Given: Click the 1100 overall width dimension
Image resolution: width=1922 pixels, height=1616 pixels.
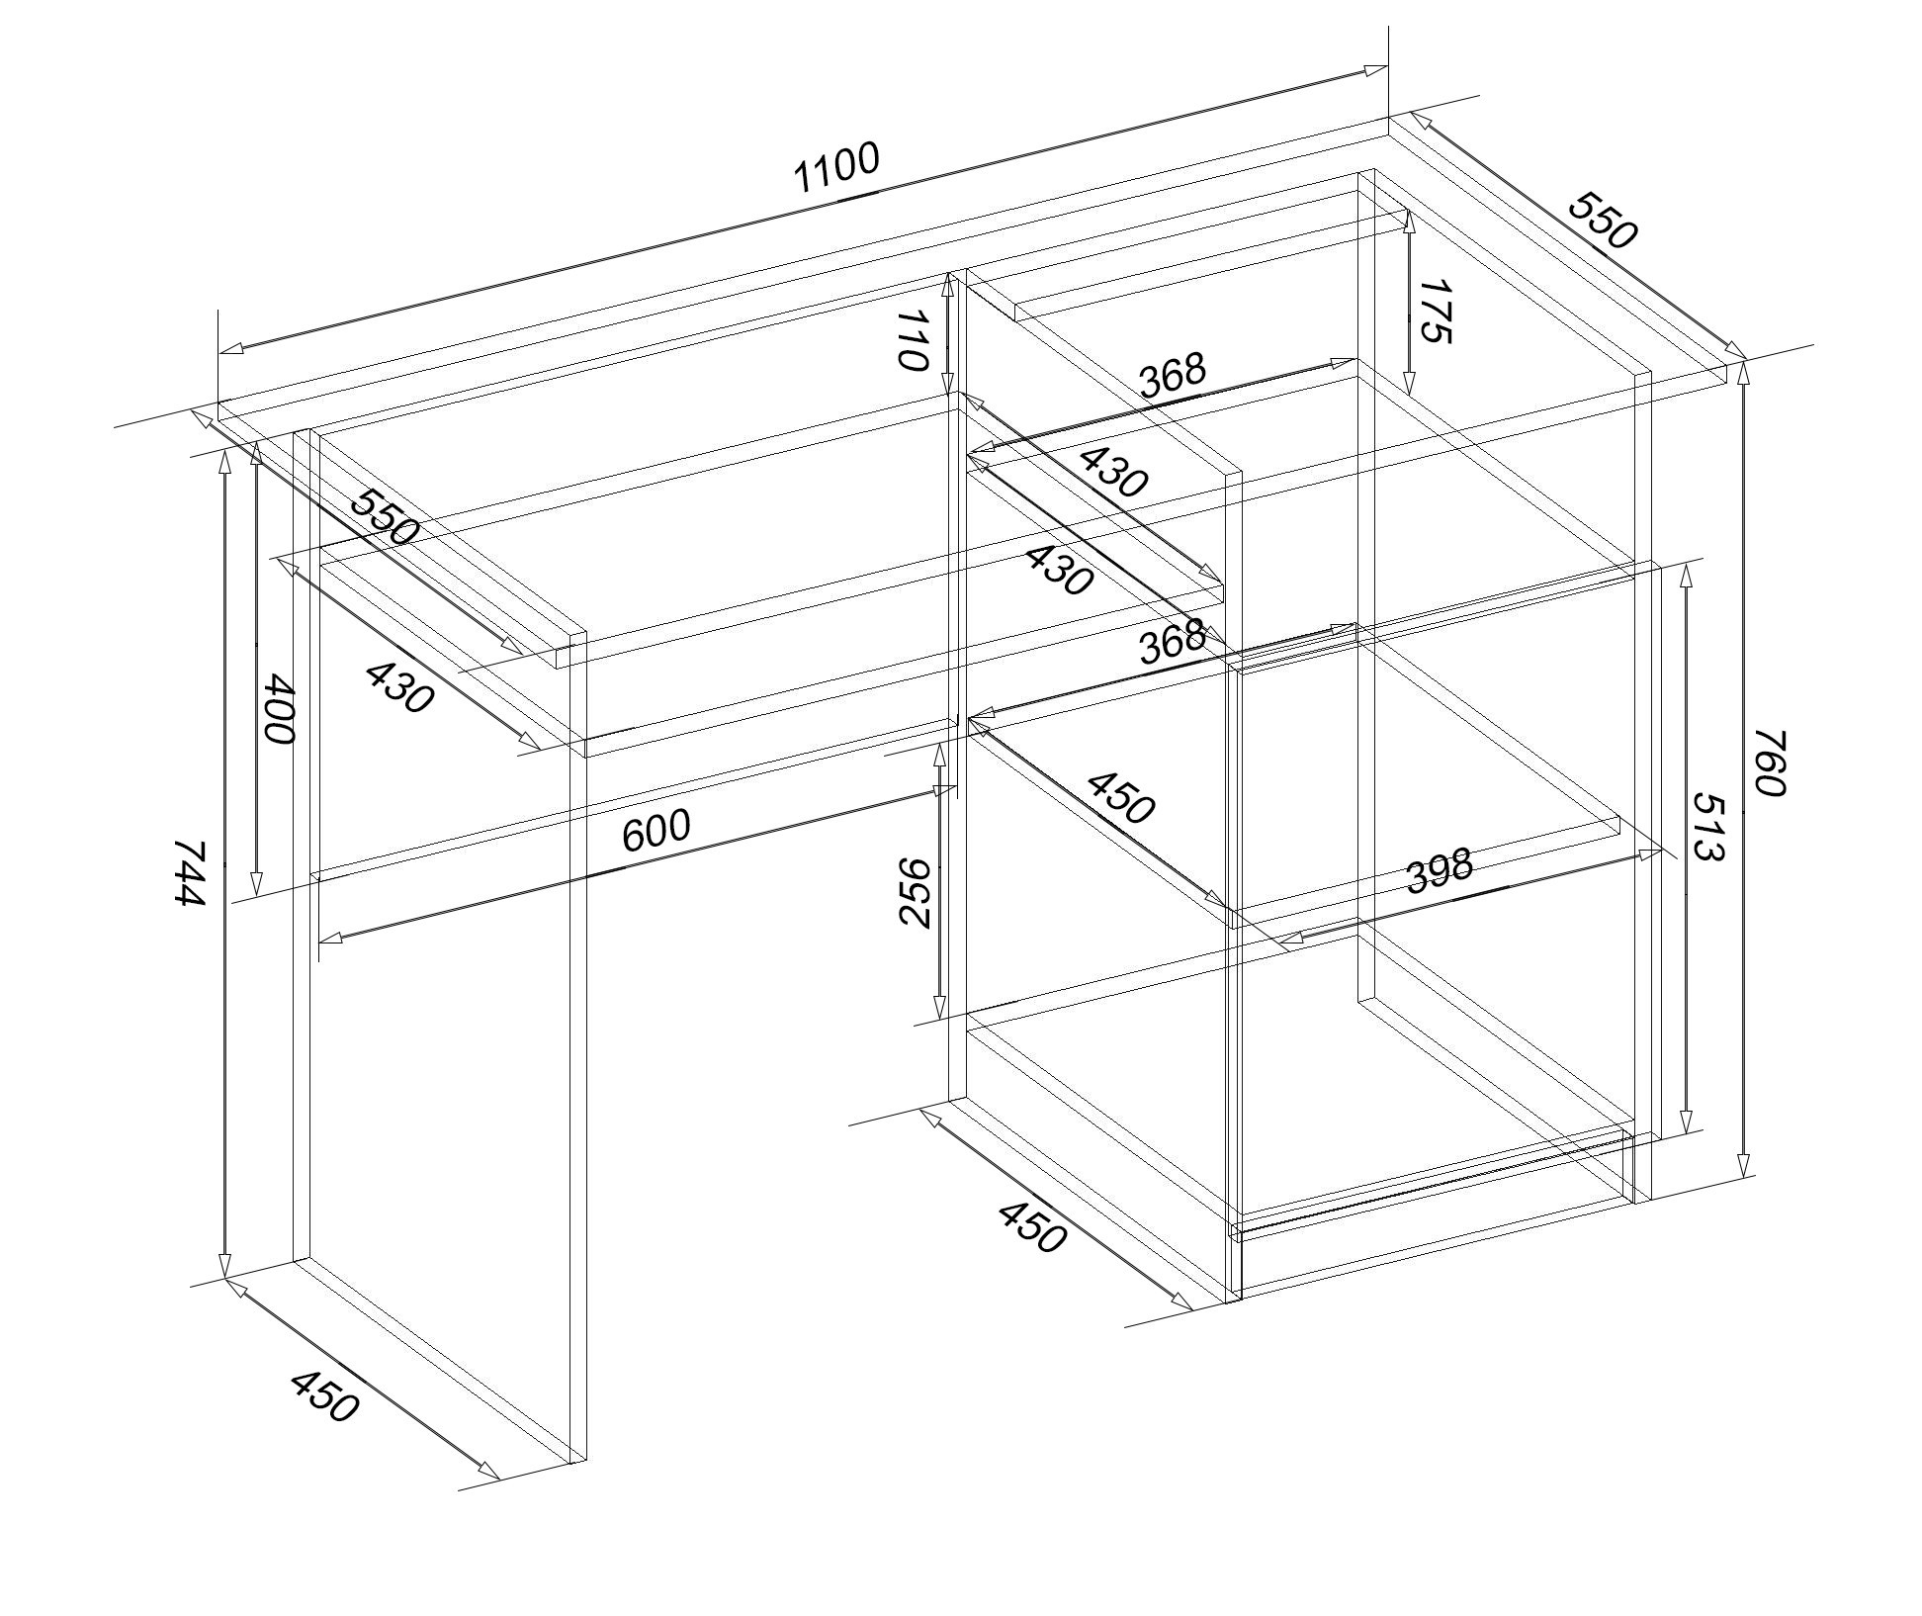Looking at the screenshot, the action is click(835, 168).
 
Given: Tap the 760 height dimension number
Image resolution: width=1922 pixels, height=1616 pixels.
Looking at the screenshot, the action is click(1770, 763).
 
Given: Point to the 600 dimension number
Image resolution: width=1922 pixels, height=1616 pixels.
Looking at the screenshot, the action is click(655, 830).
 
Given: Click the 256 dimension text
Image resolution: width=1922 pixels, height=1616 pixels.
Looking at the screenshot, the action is click(916, 892).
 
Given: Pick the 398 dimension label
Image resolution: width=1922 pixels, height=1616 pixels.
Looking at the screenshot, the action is click(1440, 870).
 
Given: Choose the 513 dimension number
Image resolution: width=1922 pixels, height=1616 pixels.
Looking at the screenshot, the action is click(1707, 826).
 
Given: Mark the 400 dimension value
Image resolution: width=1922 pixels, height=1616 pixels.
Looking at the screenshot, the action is click(278, 709).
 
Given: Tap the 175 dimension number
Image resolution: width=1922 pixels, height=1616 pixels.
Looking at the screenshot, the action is click(1436, 312).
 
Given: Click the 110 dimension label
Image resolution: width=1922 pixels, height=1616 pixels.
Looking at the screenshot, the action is click(913, 339).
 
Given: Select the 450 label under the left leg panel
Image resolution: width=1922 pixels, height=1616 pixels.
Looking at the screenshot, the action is click(324, 1396).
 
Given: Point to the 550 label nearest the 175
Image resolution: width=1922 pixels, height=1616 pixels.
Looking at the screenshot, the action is click(1603, 220).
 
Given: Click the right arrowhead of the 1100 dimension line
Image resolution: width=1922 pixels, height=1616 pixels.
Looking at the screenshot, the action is click(1375, 70).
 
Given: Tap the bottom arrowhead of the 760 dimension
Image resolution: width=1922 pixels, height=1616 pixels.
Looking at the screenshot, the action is click(1745, 1165).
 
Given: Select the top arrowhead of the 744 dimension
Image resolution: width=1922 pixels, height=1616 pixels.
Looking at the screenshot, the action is click(225, 460).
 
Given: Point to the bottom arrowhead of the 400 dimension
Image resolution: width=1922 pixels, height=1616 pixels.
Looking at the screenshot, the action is click(256, 883).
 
